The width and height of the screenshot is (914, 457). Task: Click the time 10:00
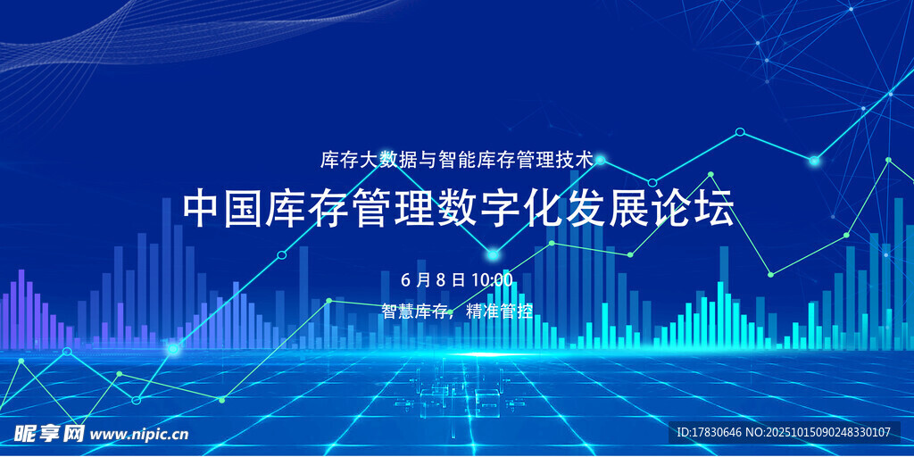coord(492,279)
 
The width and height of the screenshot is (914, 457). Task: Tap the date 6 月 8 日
coord(433,279)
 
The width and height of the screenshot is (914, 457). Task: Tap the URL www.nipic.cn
coord(140,435)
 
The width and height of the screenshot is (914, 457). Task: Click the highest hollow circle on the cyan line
coord(740,132)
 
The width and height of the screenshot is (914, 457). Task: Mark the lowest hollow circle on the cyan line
coord(137,400)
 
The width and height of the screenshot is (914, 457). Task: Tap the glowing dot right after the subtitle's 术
coord(601,160)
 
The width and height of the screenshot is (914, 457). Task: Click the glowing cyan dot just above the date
coord(493,254)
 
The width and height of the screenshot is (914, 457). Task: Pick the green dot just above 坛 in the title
coord(711,174)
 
